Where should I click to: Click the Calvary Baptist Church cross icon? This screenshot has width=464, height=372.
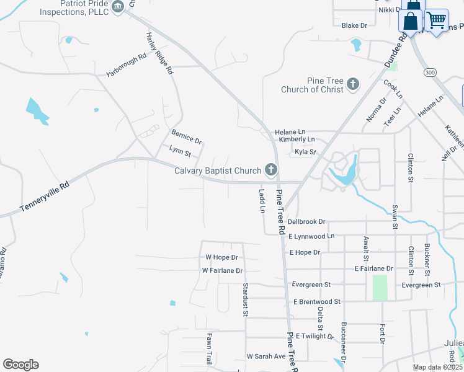(x=270, y=169)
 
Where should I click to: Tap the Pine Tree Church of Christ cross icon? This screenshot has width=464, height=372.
(x=353, y=84)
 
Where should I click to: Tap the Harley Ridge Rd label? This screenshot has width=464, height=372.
(x=159, y=54)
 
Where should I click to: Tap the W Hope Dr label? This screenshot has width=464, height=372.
(x=221, y=257)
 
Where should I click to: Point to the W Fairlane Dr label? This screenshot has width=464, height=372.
(x=222, y=271)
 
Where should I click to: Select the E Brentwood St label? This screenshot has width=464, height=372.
(x=317, y=301)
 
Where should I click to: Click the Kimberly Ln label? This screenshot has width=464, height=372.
(x=297, y=140)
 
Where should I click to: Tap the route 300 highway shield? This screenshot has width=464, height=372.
(x=429, y=73)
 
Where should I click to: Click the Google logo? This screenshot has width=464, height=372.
(x=20, y=365)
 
